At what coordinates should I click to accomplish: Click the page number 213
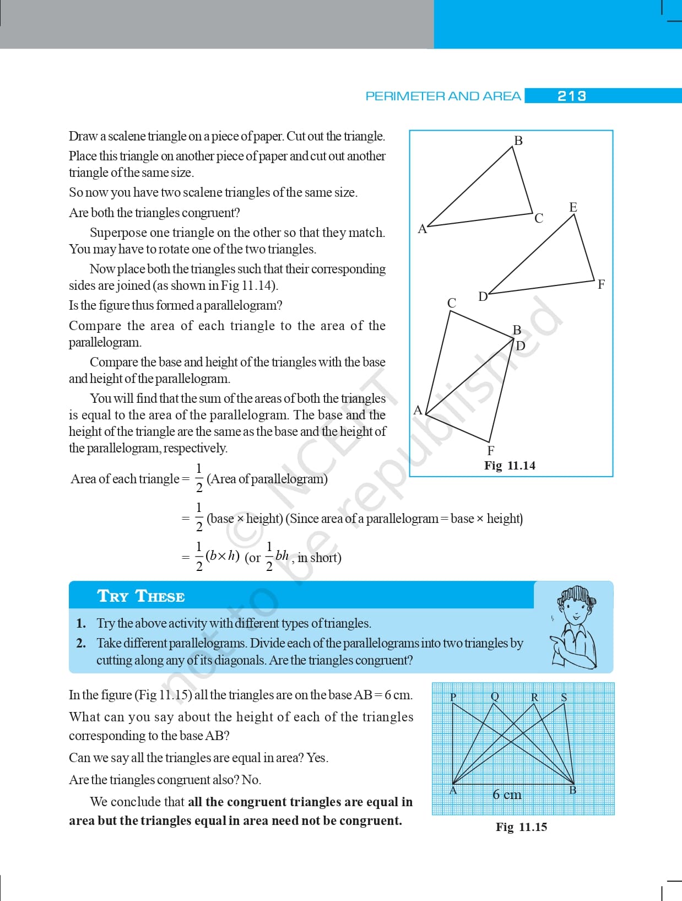[x=571, y=96]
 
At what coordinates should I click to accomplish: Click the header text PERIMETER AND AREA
[x=443, y=96]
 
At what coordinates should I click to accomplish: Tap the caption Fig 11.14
[x=510, y=466]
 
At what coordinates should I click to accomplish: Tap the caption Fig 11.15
[x=521, y=827]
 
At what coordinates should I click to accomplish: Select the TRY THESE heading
[x=141, y=596]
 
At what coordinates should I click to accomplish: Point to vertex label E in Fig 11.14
[x=573, y=207]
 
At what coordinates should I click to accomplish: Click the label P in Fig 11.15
[x=453, y=697]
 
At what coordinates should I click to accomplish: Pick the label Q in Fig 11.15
[x=495, y=697]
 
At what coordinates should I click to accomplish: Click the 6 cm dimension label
[x=507, y=794]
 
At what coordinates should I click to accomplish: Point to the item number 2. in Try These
[x=81, y=643]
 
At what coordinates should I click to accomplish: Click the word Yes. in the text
[x=317, y=758]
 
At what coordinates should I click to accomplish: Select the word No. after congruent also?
[x=251, y=780]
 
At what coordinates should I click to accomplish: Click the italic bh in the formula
[x=282, y=555]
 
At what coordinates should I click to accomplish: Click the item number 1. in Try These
[x=81, y=623]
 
